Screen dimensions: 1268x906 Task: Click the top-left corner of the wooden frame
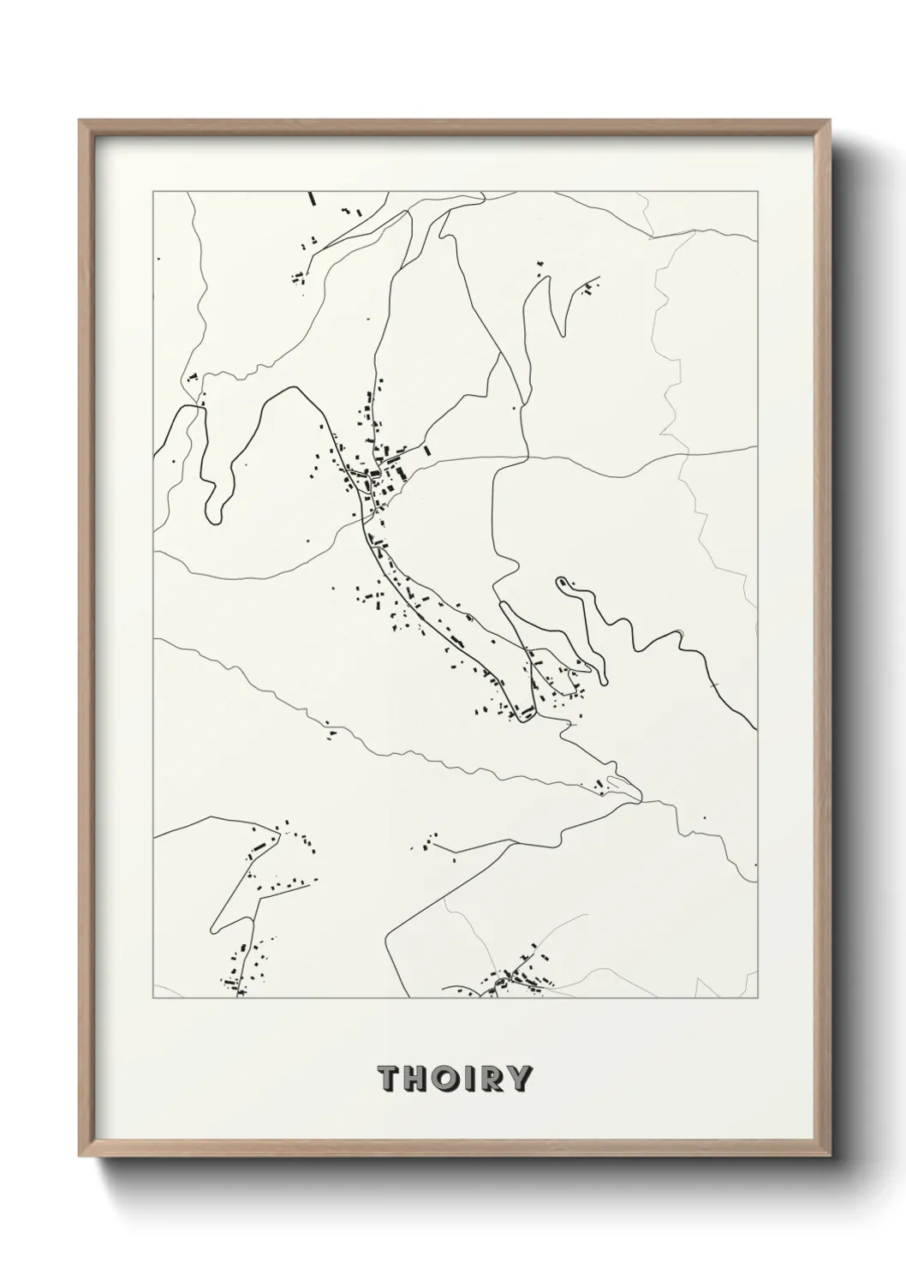(x=80, y=121)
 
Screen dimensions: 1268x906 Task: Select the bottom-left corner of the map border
(x=153, y=998)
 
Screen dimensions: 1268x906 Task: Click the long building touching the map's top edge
(x=313, y=199)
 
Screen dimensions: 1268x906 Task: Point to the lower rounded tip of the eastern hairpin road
(x=605, y=681)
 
